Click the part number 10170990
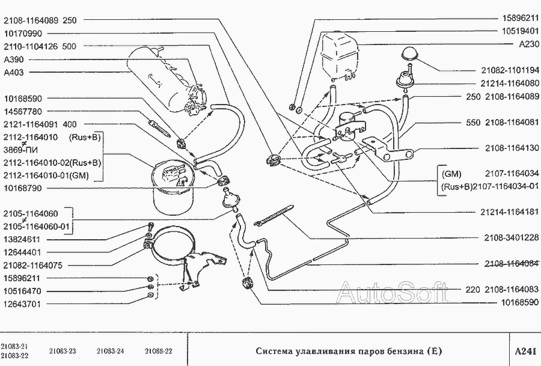click(23, 34)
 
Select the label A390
click(14, 59)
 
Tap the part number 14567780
click(23, 111)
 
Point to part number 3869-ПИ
click(20, 150)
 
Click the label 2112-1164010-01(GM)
click(46, 175)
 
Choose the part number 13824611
click(22, 239)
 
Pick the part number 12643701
click(22, 304)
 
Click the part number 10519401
click(520, 31)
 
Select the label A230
click(529, 44)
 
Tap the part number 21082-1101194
click(510, 70)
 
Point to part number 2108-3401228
click(512, 237)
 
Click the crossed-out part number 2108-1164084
click(512, 264)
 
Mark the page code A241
click(525, 351)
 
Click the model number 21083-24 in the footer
click(110, 352)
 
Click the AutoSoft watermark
click(393, 292)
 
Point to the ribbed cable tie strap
click(274, 215)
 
